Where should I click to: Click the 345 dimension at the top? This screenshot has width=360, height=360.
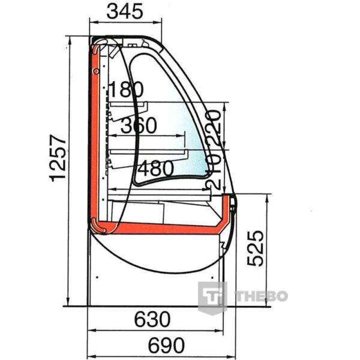(125, 11)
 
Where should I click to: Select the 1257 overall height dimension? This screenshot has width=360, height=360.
(58, 158)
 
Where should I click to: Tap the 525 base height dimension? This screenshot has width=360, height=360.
(256, 248)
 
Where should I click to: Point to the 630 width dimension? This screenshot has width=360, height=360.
(152, 319)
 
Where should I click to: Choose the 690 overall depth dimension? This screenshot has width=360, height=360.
(166, 346)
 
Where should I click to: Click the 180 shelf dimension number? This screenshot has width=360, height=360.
(126, 89)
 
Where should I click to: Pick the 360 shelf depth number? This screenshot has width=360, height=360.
(139, 125)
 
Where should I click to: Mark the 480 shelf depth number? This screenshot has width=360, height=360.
(156, 168)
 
